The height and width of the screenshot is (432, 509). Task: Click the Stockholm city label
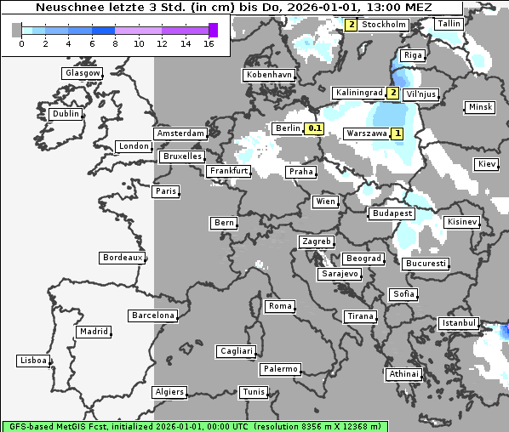click(x=384, y=25)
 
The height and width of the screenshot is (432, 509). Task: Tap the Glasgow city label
click(x=83, y=73)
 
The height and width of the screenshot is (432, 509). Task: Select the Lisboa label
click(x=33, y=361)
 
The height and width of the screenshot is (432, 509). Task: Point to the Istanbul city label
click(x=459, y=323)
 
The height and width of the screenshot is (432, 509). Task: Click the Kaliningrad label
click(x=359, y=92)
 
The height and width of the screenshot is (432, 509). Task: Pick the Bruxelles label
click(x=182, y=156)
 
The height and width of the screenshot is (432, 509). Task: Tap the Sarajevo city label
click(x=340, y=274)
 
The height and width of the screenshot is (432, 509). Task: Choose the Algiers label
click(x=169, y=392)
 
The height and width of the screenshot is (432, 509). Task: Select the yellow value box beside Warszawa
click(x=397, y=134)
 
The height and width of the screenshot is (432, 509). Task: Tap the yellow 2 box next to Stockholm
click(x=352, y=25)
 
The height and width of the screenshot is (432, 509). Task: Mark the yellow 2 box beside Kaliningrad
click(x=393, y=93)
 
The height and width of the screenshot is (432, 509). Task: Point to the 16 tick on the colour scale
click(x=209, y=43)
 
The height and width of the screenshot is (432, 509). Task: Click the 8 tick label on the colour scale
click(x=114, y=43)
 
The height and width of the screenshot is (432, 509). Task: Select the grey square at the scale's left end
click(x=17, y=30)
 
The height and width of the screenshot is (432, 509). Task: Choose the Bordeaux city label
click(x=123, y=258)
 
